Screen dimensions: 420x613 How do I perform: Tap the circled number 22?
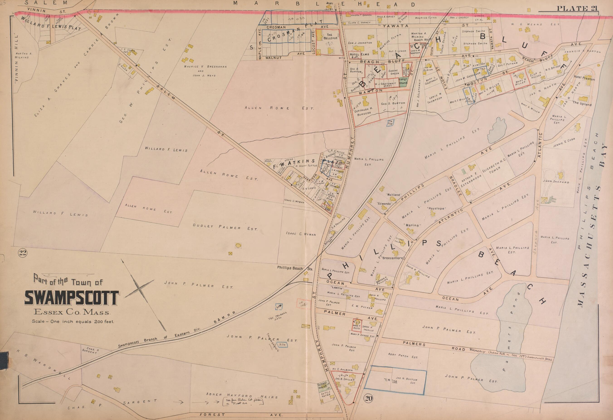point(22,253)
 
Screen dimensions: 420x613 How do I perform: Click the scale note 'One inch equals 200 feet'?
point(73,322)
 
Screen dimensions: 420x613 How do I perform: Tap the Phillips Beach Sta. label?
point(294,268)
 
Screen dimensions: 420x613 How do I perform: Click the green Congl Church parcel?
point(403,81)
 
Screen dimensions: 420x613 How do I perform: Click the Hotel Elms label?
point(355,55)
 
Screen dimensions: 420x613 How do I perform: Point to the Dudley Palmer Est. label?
point(225,227)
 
